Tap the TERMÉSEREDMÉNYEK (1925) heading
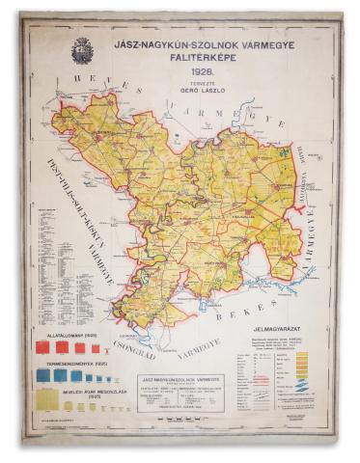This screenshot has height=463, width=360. click(70, 362)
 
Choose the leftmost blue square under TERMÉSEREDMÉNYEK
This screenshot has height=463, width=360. click(43, 375)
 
